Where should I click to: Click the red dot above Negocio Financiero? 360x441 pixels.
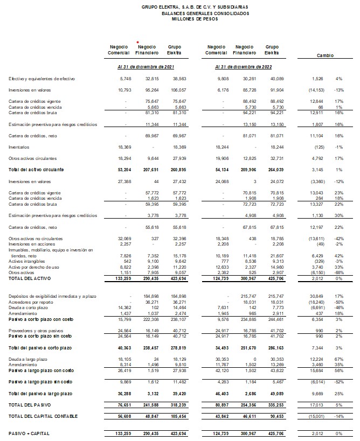click(138, 42)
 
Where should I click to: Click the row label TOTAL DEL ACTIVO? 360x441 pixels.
click(26, 279)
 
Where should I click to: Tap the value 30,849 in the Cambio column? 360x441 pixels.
click(314, 297)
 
